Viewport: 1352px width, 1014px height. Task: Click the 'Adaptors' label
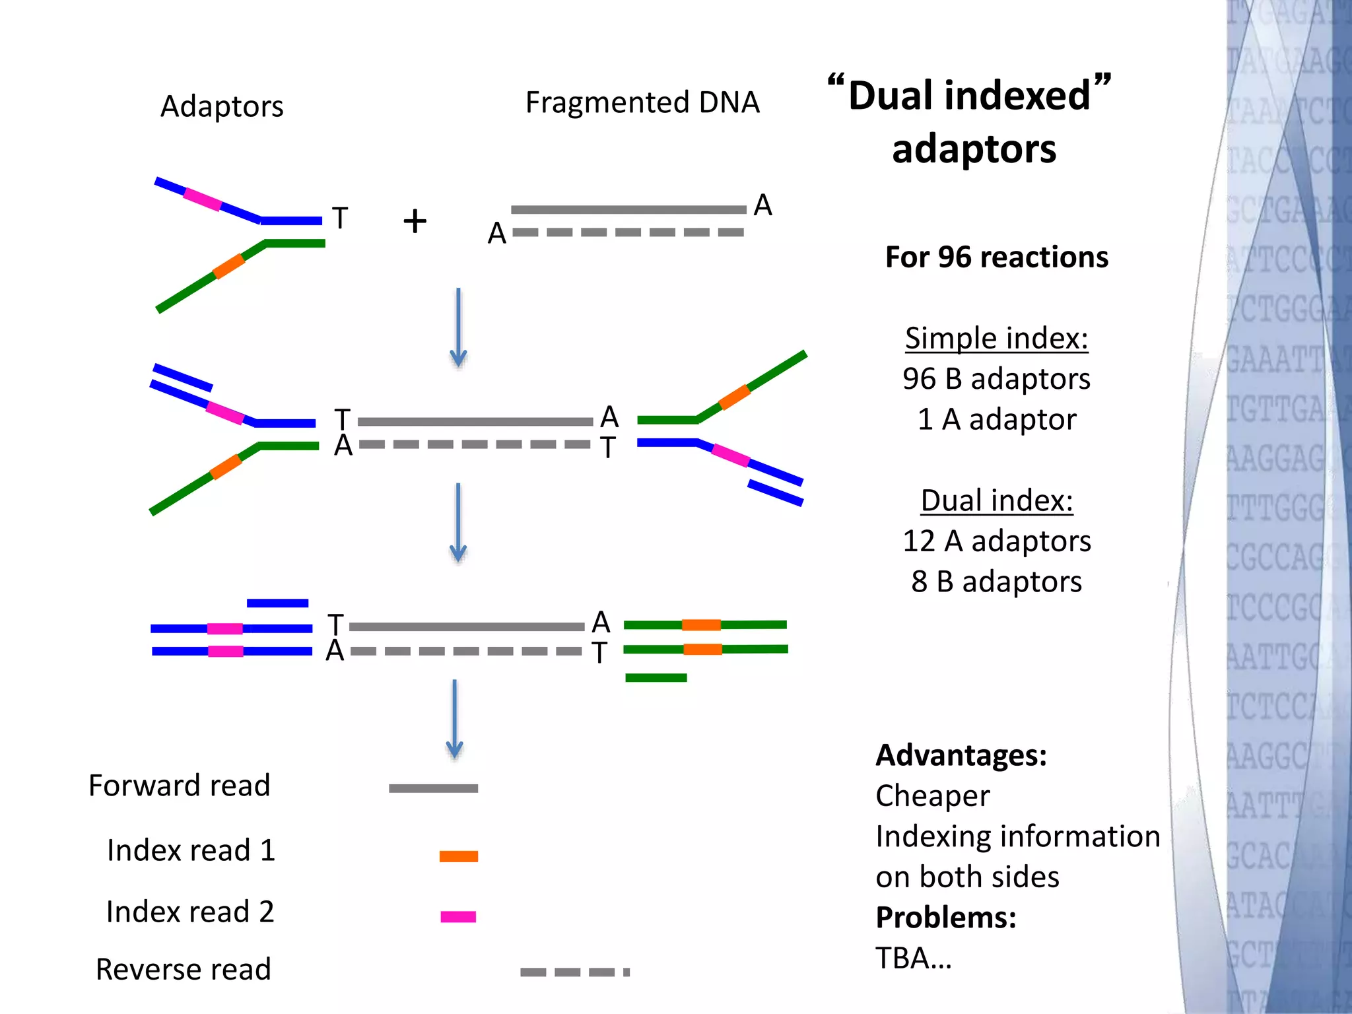[222, 106]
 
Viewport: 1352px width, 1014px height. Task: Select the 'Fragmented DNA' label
[642, 102]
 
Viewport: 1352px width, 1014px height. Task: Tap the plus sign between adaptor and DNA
[415, 221]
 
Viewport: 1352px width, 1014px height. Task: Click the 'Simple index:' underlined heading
[996, 338]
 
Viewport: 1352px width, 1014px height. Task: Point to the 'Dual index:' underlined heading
[996, 500]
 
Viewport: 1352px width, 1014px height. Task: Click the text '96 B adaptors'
[996, 379]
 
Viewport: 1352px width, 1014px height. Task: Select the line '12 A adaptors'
[996, 541]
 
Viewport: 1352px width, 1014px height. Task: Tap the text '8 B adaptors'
[996, 582]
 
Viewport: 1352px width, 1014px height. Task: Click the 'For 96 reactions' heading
[996, 257]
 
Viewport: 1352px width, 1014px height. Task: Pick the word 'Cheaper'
[932, 795]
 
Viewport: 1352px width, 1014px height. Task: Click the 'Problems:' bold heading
[945, 918]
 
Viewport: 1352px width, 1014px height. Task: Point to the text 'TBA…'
[914, 958]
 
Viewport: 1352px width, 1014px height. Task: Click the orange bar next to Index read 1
[458, 856]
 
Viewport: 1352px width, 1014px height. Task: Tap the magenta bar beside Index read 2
[458, 916]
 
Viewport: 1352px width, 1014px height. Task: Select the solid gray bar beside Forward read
[433, 788]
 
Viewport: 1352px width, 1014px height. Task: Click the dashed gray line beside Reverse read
[574, 972]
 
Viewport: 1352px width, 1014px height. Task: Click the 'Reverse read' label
[184, 969]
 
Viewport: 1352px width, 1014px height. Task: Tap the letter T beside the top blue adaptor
[340, 219]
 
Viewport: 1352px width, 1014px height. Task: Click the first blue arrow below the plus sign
[458, 327]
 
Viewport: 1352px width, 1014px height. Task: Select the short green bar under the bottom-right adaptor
[656, 678]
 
